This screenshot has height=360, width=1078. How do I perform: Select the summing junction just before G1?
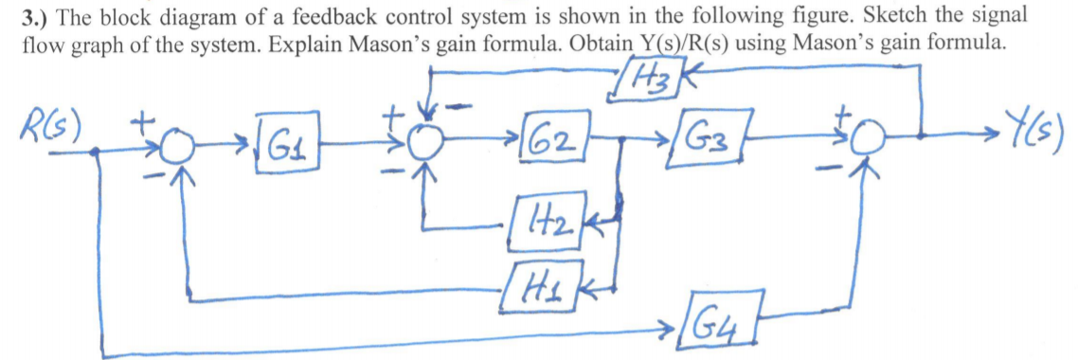175,150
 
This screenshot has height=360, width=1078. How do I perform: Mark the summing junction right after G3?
865,150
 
